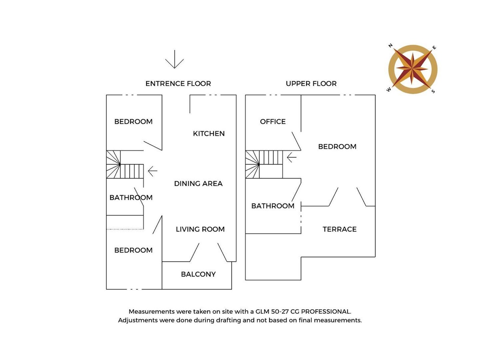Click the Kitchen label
[x=209, y=134]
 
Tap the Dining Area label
[x=198, y=184]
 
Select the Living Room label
[x=200, y=229]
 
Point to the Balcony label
[x=198, y=274]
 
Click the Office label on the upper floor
[x=273, y=122]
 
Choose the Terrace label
[x=340, y=229]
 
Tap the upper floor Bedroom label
[x=337, y=147]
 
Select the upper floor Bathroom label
[x=273, y=206]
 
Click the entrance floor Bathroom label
[x=131, y=198]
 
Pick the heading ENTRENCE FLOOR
[x=178, y=84]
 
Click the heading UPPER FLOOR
[x=311, y=84]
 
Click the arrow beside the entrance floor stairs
[x=152, y=171]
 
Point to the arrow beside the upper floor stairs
[x=292, y=157]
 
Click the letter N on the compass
[x=390, y=46]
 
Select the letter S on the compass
[x=433, y=91]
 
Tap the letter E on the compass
[x=434, y=48]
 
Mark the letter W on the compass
[x=388, y=90]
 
